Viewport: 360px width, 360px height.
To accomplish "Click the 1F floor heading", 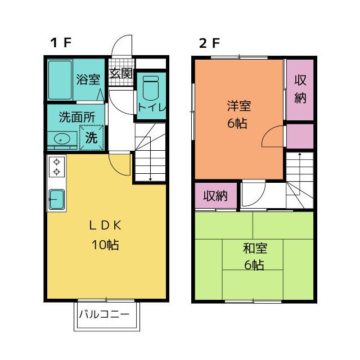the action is [x=61, y=43].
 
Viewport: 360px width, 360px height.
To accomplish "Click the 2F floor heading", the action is [x=209, y=43].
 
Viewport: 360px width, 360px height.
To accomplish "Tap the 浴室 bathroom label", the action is [x=88, y=79].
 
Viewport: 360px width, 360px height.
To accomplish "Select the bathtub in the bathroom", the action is [x=60, y=80].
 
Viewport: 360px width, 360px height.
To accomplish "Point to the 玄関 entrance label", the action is [x=121, y=74].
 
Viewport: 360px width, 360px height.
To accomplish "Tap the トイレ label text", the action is [x=152, y=107].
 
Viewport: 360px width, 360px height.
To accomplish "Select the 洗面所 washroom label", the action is [x=76, y=117].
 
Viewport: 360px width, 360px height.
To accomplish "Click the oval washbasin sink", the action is [x=62, y=139].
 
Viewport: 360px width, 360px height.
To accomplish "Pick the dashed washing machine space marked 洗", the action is [x=92, y=137].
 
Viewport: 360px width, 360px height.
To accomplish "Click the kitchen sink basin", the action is [x=57, y=199].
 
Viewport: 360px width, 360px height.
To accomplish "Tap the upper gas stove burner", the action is [x=56, y=162].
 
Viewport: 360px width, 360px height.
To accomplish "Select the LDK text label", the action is [x=105, y=225].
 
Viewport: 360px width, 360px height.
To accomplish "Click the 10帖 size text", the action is [x=105, y=245].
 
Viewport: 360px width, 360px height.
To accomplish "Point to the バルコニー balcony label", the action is [x=104, y=314].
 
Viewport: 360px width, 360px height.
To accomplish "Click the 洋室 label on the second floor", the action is [x=239, y=106].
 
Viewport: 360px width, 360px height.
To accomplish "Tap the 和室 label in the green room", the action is [x=255, y=249].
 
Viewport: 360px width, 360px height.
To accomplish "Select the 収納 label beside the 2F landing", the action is [x=215, y=196].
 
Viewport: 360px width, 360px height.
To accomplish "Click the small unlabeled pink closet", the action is [x=300, y=136].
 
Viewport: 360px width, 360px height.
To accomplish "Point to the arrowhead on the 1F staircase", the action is [x=150, y=178].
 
